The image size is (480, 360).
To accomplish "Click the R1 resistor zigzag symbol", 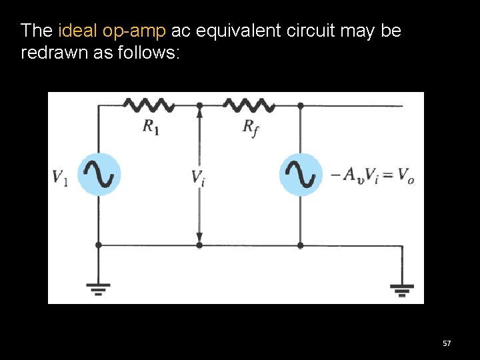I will tap(149, 105).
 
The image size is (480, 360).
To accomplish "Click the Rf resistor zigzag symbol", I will tap(249, 105).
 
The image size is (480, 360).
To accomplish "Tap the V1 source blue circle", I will tap(99, 175).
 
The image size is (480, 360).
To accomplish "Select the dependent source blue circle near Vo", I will tap(300, 175).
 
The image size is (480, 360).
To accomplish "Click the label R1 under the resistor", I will tap(151, 127).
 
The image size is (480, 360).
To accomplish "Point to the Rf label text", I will tap(251, 128).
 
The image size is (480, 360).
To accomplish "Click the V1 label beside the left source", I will tap(61, 177).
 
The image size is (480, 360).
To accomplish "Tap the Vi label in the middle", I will tap(198, 177).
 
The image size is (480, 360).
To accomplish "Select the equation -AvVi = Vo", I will tap(372, 175).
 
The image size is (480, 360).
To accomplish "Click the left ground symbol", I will tap(99, 289).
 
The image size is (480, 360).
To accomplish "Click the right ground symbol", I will tap(403, 289).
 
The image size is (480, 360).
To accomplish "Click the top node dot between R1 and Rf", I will tap(199, 105).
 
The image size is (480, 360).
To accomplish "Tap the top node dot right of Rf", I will tap(301, 105).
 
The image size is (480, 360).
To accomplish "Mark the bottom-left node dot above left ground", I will tap(99, 245).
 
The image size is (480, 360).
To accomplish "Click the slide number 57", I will tap(447, 343).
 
